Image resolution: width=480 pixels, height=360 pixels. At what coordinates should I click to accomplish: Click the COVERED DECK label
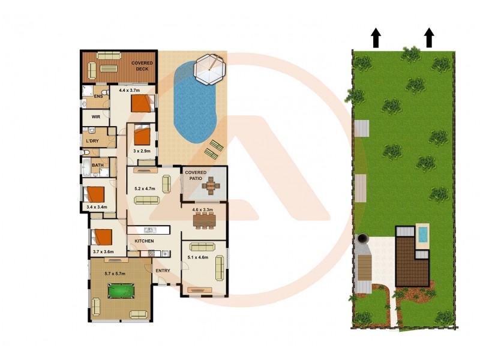[x=142, y=65]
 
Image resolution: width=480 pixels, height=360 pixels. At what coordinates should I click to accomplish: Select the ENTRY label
[x=163, y=271]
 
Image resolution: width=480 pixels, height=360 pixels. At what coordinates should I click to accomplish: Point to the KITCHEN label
[x=144, y=241]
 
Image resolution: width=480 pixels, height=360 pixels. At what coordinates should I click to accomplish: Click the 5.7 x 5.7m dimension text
[x=117, y=274]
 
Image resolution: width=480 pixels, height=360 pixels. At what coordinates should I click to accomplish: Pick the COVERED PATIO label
[x=195, y=176]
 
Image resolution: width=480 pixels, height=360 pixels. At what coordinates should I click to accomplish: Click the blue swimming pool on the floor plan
[x=194, y=106]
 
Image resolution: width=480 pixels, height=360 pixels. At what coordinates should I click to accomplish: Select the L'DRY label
[x=92, y=141]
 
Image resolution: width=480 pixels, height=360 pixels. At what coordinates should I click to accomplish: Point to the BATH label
[x=97, y=165]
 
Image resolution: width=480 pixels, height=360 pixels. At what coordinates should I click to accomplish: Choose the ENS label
[x=98, y=97]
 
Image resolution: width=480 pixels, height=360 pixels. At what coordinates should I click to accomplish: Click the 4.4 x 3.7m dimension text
[x=131, y=91]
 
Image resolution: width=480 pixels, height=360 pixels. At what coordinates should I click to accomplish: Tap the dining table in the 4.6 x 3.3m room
[x=205, y=222]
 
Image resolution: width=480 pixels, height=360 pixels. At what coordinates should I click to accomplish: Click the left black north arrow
[x=376, y=37]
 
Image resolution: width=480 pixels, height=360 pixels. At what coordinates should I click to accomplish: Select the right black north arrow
[x=429, y=37]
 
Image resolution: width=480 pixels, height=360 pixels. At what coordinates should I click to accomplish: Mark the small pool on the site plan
[x=422, y=234]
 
